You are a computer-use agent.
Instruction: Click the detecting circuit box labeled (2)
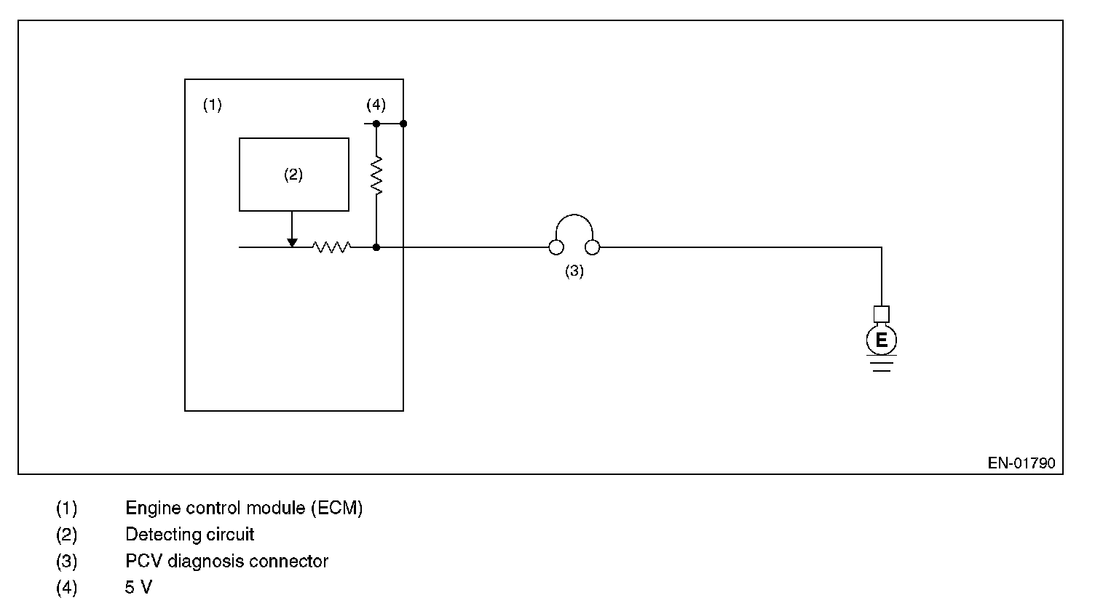(293, 175)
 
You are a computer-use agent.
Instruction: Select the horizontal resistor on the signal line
(331, 247)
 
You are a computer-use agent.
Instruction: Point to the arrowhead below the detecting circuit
(292, 242)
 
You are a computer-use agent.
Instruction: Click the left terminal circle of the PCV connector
(556, 248)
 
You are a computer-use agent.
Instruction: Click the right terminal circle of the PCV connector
(593, 248)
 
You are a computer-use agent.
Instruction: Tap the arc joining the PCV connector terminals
(574, 217)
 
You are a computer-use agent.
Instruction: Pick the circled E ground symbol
(882, 340)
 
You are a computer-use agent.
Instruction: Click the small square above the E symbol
(882, 314)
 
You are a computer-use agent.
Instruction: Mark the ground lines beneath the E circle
(882, 365)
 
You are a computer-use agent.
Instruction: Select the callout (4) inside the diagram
(376, 105)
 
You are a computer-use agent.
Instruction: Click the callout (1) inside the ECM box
(212, 105)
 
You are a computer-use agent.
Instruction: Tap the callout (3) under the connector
(574, 271)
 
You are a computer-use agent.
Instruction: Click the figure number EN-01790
(1021, 463)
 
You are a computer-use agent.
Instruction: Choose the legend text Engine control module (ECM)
(244, 508)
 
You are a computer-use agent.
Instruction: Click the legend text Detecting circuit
(190, 535)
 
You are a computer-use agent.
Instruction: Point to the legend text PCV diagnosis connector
(226, 562)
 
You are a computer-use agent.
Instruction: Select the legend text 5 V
(138, 588)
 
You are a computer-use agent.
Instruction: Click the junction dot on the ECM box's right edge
(403, 124)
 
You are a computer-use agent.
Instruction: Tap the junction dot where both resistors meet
(376, 247)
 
